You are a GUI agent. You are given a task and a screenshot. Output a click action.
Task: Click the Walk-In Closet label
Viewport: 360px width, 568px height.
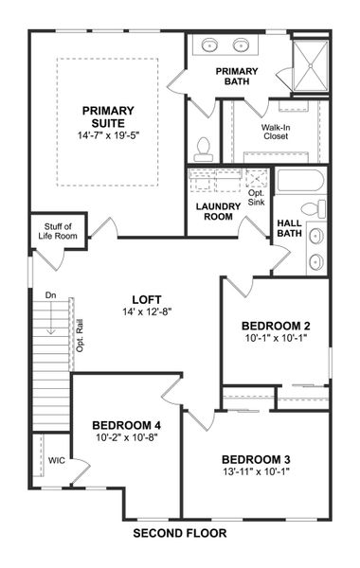(x=276, y=131)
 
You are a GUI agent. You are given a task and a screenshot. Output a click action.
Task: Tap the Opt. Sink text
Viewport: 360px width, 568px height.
(x=258, y=197)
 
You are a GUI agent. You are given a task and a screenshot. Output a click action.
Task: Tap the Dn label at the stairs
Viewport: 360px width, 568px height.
(x=51, y=296)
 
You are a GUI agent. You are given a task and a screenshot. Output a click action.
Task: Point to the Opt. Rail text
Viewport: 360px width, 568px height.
(x=81, y=335)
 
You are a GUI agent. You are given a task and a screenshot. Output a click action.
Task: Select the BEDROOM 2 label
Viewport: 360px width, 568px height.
(x=276, y=326)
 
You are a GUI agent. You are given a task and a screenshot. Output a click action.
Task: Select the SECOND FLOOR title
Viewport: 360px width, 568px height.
(x=180, y=533)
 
